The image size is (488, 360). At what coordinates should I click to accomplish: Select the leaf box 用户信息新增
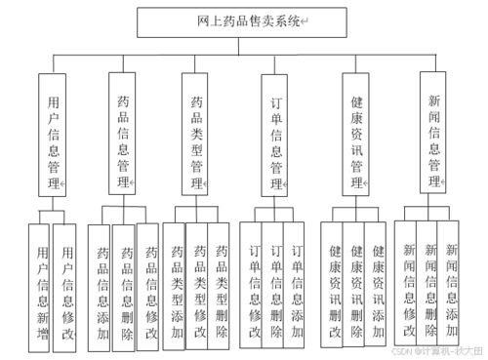click(x=40, y=285)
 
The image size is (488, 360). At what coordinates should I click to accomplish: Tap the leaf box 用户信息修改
click(x=65, y=285)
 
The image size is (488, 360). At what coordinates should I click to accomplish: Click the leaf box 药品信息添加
click(x=101, y=285)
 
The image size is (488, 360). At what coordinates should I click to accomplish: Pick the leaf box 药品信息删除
click(x=125, y=285)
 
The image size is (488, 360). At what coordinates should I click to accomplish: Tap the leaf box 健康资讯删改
click(x=334, y=285)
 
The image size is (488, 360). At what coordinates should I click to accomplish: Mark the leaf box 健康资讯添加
click(x=379, y=285)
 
